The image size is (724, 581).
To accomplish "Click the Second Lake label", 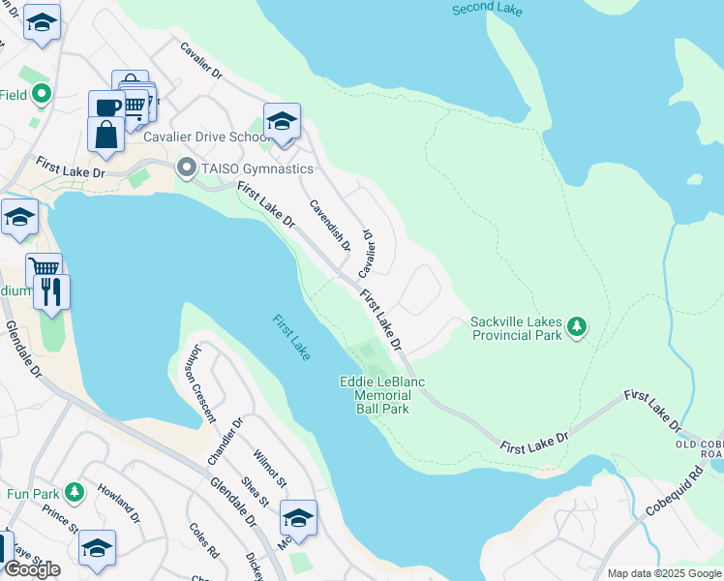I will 488,10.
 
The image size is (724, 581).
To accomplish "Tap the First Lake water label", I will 290,338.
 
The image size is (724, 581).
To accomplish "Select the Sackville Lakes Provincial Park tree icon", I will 577,326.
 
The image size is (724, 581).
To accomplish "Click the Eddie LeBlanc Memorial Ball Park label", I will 382,395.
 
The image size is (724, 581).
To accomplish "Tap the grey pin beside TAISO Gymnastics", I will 187,169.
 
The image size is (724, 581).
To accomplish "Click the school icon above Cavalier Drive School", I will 282,121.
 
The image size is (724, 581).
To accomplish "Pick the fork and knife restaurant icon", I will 51,290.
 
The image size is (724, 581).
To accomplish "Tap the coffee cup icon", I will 106,107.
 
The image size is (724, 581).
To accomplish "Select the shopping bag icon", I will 106,134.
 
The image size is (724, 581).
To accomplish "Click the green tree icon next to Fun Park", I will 75,493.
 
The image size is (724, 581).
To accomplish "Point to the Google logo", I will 31,569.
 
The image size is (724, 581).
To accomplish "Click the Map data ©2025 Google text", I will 664,573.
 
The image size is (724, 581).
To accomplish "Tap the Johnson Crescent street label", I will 203,384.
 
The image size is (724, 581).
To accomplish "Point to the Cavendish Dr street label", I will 329,224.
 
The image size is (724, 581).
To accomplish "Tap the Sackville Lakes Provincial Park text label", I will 516,328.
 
